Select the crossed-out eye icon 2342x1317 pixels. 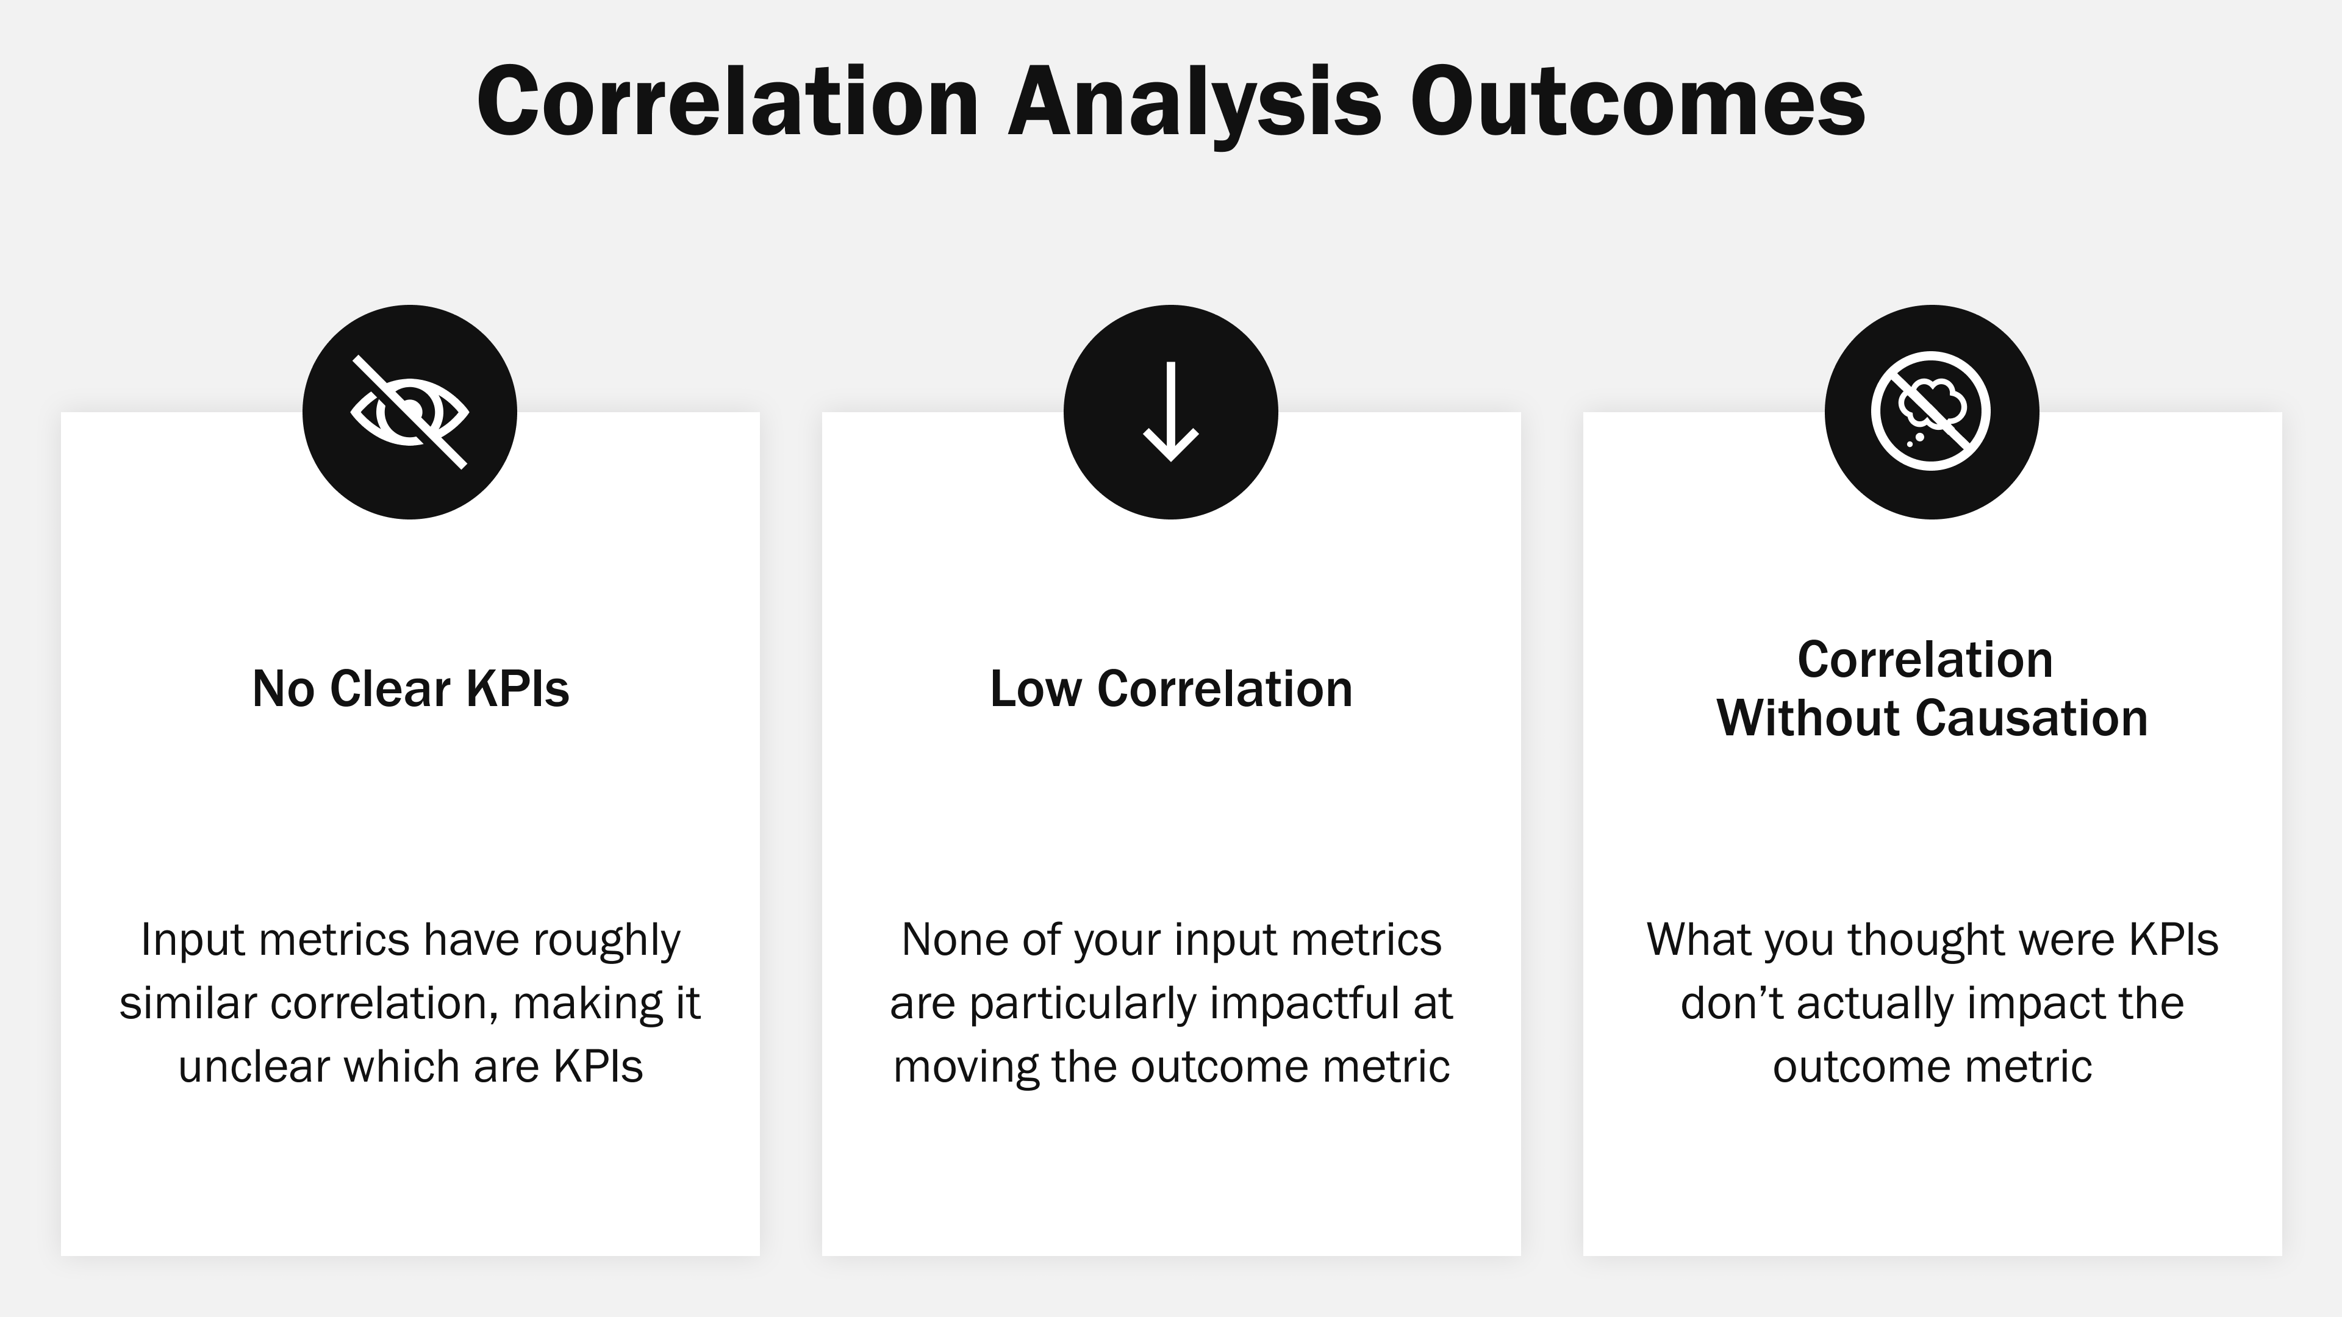[x=410, y=412]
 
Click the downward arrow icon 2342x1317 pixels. [x=1171, y=412]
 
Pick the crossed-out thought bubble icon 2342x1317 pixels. [x=1931, y=412]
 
